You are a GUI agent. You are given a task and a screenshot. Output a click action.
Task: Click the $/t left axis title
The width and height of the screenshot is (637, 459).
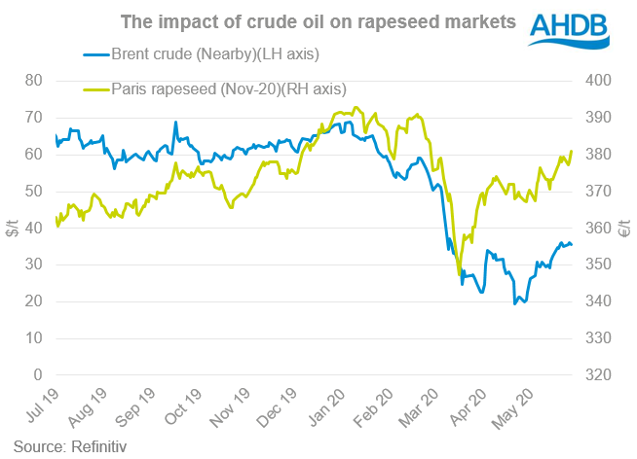pyautogui.click(x=13, y=228)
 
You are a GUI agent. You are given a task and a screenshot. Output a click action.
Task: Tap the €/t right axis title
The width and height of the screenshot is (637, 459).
pyautogui.click(x=626, y=228)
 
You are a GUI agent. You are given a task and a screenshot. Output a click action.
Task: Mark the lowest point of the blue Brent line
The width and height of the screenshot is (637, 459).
pyautogui.click(x=515, y=304)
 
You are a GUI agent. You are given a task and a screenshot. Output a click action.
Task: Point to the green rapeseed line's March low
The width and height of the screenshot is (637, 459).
pyautogui.click(x=460, y=275)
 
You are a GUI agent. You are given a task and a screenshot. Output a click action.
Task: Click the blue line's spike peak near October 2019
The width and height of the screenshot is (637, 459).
pyautogui.click(x=175, y=123)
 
